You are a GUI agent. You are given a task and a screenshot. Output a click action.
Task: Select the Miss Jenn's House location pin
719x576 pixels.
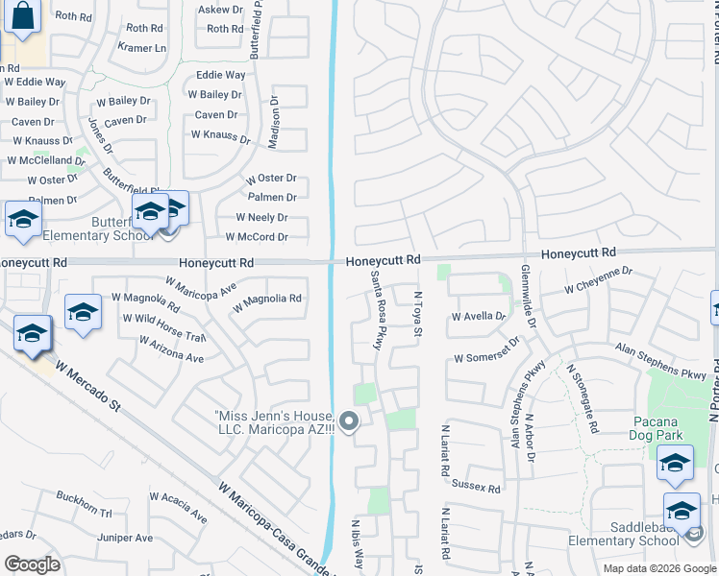pyautogui.click(x=349, y=420)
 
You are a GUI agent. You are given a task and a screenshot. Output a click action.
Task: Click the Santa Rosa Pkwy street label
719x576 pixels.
pyautogui.click(x=377, y=309)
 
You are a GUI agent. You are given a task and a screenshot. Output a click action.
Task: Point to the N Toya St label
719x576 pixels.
pyautogui.click(x=417, y=315)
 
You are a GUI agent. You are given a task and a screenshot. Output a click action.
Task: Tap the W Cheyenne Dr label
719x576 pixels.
pyautogui.click(x=598, y=278)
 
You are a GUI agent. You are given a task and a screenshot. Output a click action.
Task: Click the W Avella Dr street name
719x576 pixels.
pyautogui.click(x=478, y=316)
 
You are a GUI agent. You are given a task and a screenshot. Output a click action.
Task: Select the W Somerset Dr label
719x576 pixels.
pyautogui.click(x=486, y=351)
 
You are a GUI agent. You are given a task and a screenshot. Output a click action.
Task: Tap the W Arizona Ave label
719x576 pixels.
pyautogui.click(x=172, y=349)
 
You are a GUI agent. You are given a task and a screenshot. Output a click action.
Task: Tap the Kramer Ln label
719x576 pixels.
pyautogui.click(x=141, y=47)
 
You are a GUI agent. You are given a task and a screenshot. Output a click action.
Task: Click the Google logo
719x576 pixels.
pyautogui.click(x=32, y=564)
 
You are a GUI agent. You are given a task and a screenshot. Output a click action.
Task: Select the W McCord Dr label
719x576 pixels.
pyautogui.click(x=256, y=237)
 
